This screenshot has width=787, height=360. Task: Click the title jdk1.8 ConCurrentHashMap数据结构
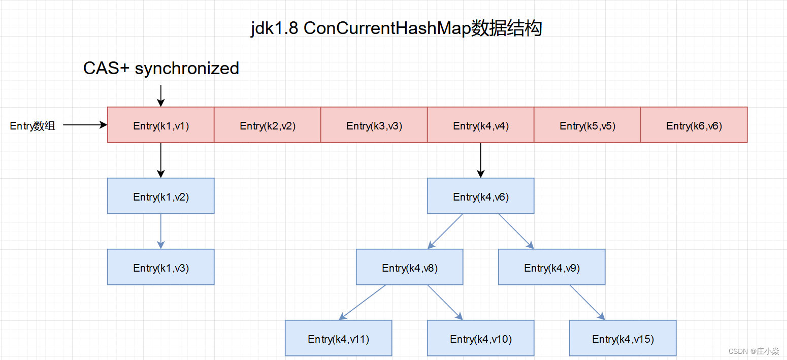396,28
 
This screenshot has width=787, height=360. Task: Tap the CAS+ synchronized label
161,68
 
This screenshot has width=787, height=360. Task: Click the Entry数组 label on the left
32,126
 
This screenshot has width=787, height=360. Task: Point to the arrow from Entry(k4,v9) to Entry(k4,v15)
587,303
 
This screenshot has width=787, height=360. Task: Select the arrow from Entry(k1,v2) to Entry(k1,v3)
161,231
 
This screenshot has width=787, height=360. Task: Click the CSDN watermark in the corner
753,351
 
